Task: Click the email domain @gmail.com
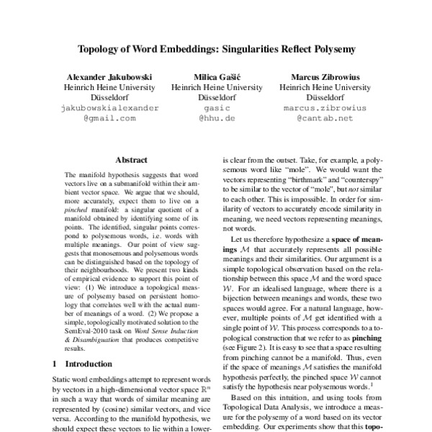[109, 118]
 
